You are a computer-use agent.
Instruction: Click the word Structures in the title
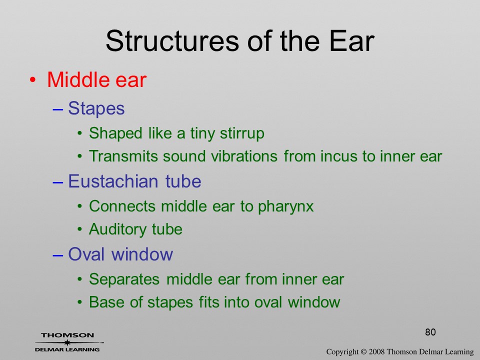click(172, 41)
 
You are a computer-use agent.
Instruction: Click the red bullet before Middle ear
click(32, 80)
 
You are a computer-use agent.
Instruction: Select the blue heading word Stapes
click(96, 108)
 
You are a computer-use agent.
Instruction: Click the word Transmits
click(123, 156)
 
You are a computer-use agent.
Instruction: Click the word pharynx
click(285, 206)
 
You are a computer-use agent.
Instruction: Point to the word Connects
click(122, 206)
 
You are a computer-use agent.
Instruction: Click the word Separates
click(124, 279)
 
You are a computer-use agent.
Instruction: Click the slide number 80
click(430, 332)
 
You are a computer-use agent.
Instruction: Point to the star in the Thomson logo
click(67, 342)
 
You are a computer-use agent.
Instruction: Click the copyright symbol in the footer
click(363, 352)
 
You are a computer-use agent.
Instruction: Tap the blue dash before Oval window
click(58, 255)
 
